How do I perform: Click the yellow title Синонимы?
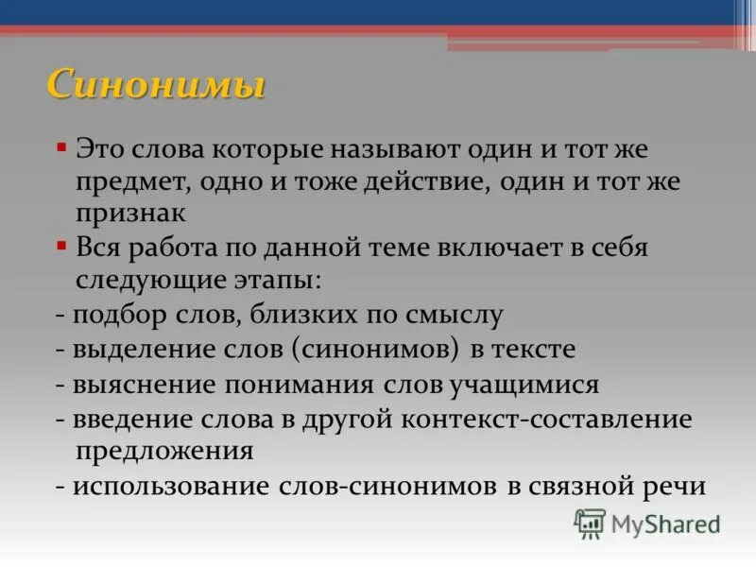[x=156, y=85]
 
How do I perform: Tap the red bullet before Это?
[x=61, y=148]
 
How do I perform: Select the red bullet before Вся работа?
[x=61, y=247]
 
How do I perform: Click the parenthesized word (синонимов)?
[x=376, y=349]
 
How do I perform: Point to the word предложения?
[x=163, y=450]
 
